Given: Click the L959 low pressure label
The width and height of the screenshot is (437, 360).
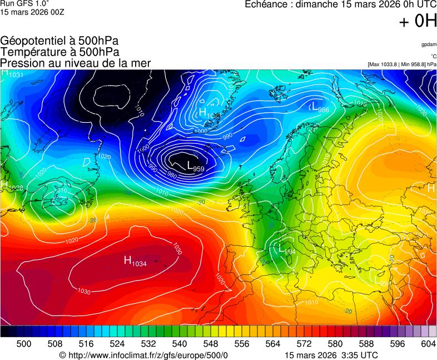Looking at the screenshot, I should tap(195, 166).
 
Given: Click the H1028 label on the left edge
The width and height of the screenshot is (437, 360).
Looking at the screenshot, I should tap(12, 187).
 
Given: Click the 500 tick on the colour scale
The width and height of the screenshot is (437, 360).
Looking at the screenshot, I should tap(24, 344).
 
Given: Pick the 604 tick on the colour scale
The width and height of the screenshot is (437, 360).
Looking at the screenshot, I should tap(428, 344).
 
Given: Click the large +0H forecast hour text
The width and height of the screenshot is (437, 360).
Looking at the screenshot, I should tap(418, 21).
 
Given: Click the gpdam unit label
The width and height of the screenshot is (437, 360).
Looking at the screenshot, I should tap(429, 44).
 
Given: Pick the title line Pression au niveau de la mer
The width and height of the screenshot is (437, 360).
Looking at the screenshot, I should tap(76, 63).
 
